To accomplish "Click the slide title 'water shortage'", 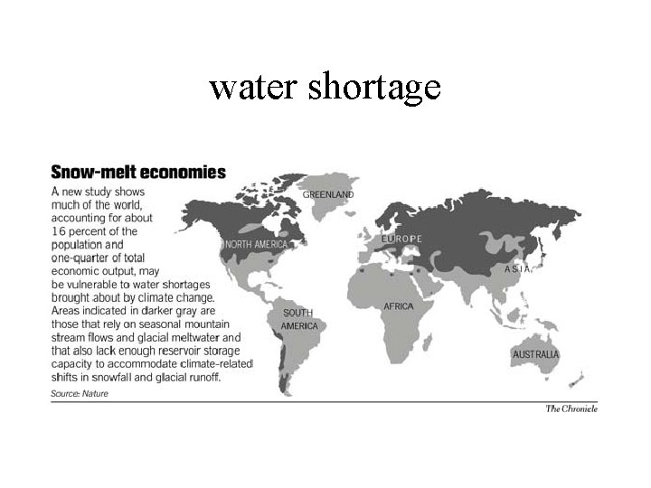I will tap(325, 88).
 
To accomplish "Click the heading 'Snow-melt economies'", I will tap(138, 172).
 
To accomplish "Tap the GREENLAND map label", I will tap(328, 194).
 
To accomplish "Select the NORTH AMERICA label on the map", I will tap(257, 245).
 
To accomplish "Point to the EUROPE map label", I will tap(401, 239).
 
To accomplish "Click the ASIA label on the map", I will tap(519, 269).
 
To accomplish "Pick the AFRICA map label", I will tap(399, 306).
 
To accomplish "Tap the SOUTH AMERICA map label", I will tap(298, 319).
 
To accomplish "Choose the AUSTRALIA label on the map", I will tap(535, 354).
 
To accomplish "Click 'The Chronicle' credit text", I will tap(571, 408).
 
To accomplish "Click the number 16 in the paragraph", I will tap(60, 231).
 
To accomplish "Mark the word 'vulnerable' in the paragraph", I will tap(91, 284).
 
